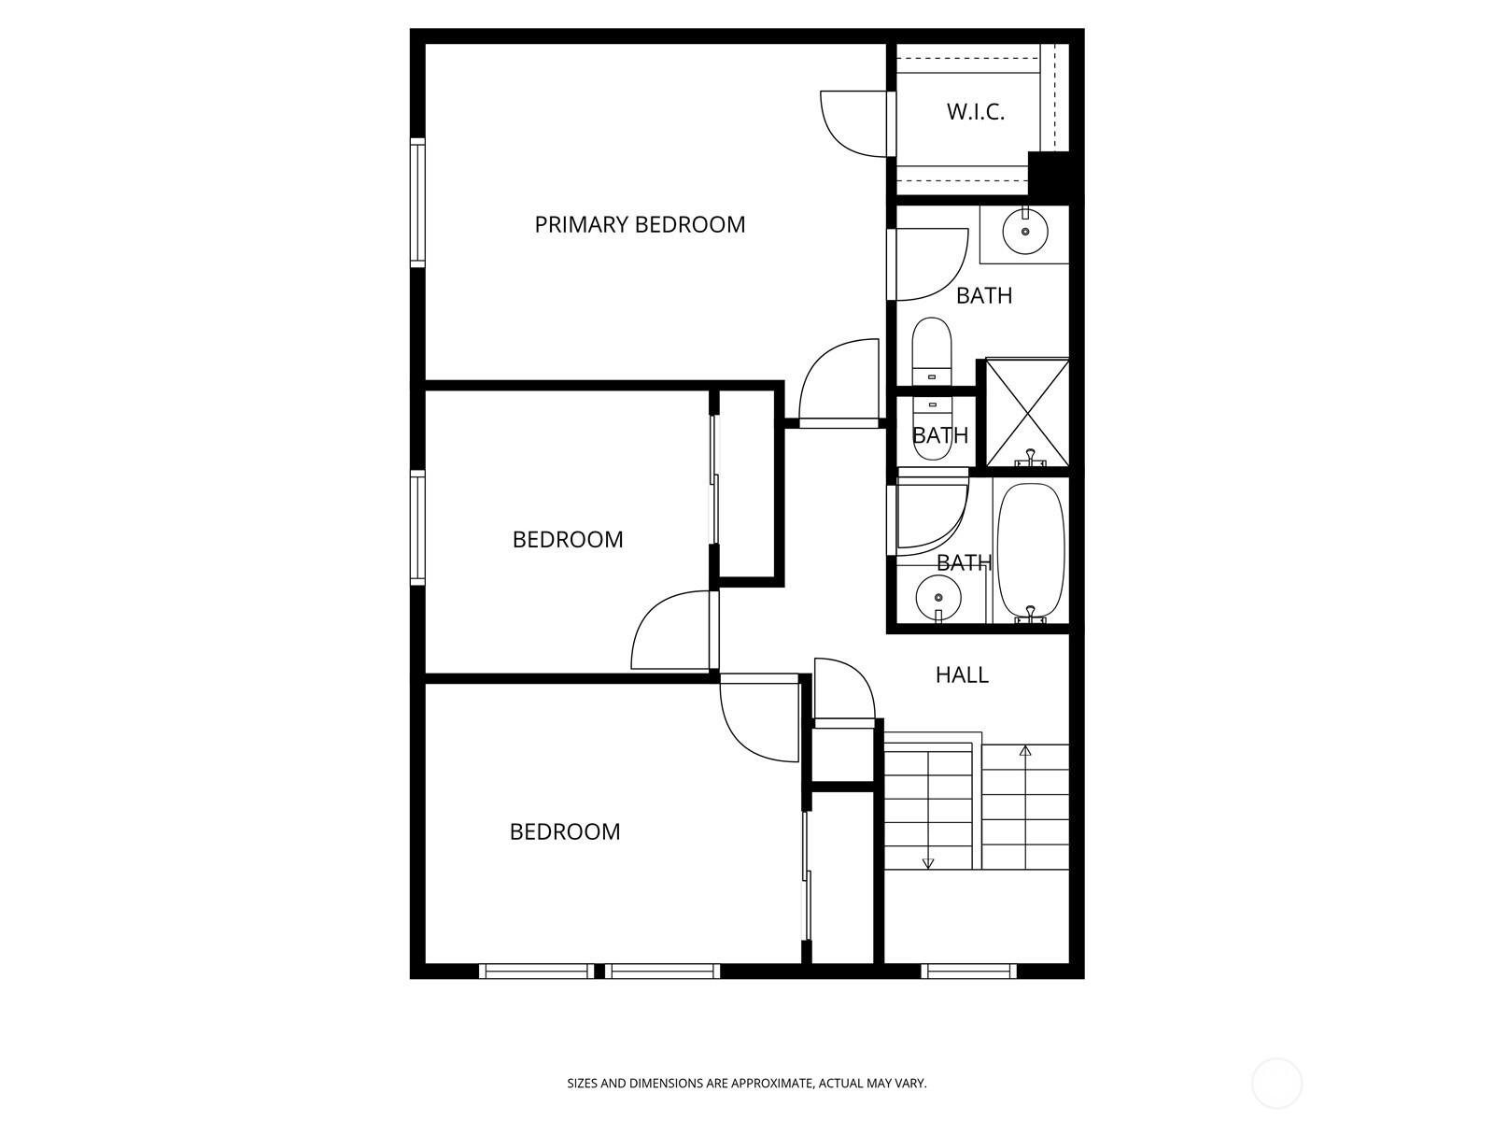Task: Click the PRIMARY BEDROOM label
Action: (639, 224)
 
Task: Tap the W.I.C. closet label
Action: (976, 112)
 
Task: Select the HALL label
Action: (962, 674)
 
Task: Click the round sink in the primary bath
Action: (1025, 231)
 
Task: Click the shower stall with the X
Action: (1027, 413)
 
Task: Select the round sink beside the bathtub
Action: (938, 598)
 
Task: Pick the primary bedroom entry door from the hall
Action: (839, 382)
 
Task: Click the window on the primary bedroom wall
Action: (417, 203)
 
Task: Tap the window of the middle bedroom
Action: (417, 528)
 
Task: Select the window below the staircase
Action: (968, 971)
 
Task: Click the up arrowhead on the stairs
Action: (1025, 751)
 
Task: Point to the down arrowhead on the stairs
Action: (928, 863)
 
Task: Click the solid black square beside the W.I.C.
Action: (1049, 174)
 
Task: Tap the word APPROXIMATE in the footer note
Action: (772, 1083)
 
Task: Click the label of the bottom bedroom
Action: (565, 831)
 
